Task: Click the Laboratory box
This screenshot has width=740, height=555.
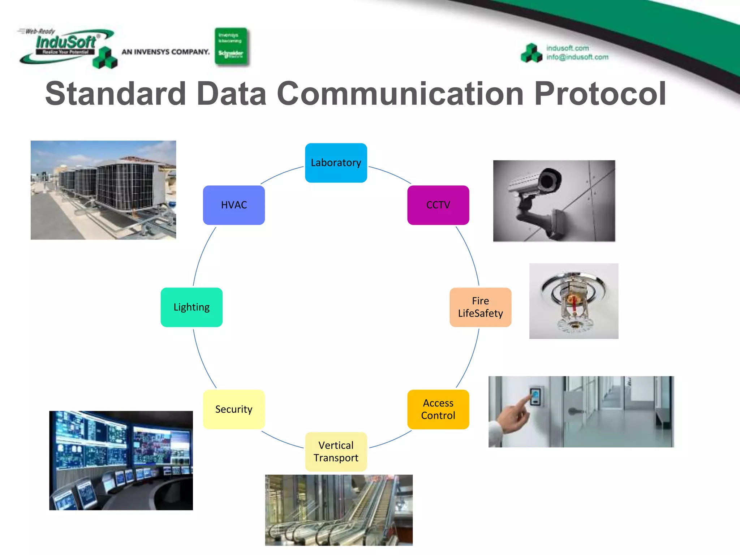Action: click(x=336, y=163)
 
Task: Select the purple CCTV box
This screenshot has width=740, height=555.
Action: click(x=438, y=205)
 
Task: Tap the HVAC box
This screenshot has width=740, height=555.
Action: click(x=234, y=205)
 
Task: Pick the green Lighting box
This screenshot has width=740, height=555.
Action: click(x=192, y=307)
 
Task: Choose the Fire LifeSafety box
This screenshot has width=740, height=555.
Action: click(x=480, y=307)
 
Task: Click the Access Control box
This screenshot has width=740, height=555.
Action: click(x=438, y=409)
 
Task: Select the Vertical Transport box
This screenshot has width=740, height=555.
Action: click(x=336, y=451)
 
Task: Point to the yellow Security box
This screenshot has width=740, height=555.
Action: click(x=234, y=409)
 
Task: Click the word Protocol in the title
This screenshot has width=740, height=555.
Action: click(x=600, y=94)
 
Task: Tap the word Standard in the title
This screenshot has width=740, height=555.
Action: click(x=116, y=94)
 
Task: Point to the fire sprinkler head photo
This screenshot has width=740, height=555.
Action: click(x=573, y=301)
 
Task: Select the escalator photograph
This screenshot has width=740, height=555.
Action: click(x=339, y=510)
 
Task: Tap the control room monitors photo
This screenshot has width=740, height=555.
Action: click(x=121, y=460)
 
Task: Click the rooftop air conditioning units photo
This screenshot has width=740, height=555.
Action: click(x=103, y=190)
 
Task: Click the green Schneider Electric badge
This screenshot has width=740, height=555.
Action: click(x=231, y=47)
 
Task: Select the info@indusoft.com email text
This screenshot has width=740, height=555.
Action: click(x=577, y=57)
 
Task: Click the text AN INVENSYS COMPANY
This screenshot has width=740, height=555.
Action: click(x=165, y=52)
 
